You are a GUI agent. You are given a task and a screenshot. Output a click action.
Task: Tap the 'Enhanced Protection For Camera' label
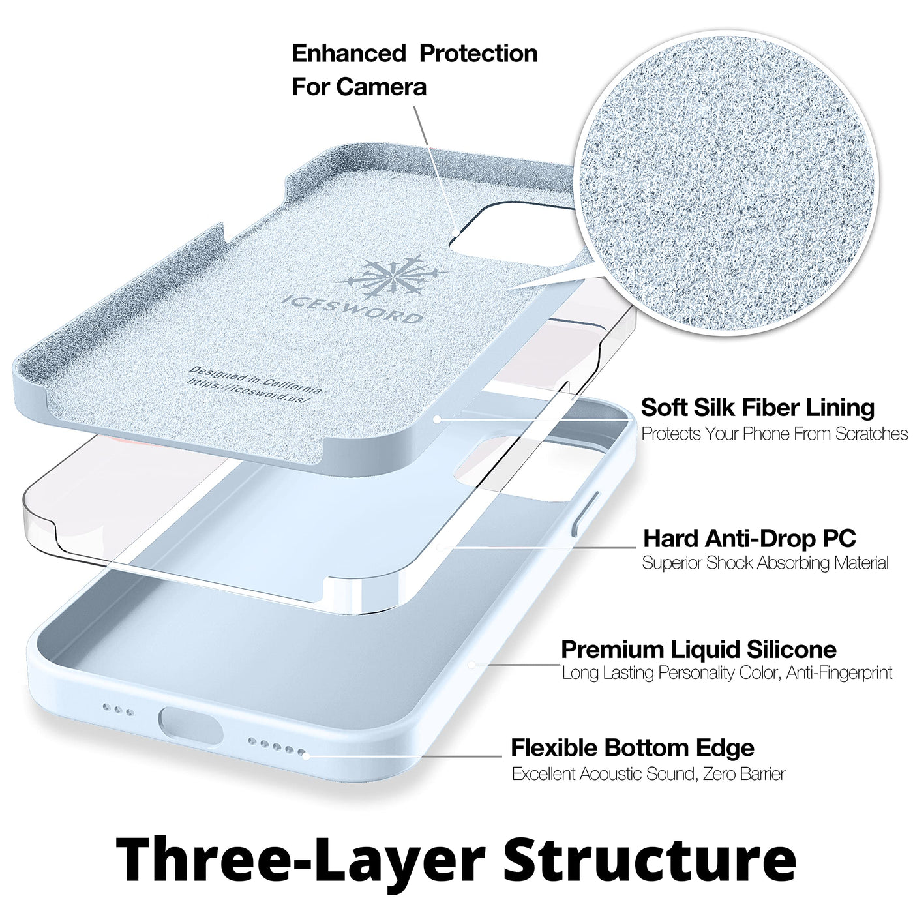click(415, 70)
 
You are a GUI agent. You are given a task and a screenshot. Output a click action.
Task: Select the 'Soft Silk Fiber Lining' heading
click(758, 408)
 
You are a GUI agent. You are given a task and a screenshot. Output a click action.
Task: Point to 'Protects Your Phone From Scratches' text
click(775, 434)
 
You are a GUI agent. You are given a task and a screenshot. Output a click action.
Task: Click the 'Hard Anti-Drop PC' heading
click(749, 538)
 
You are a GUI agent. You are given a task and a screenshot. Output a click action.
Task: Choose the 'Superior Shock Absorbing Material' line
click(765, 563)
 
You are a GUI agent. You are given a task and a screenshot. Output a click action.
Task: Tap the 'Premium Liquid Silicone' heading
click(699, 650)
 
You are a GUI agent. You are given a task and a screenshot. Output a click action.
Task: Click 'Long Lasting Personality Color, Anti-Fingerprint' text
click(727, 673)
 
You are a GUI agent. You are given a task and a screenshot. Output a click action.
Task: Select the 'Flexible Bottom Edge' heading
click(633, 748)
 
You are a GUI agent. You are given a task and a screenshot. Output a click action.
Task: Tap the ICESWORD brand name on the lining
click(351, 309)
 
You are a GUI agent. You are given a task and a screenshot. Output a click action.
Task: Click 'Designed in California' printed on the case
click(256, 378)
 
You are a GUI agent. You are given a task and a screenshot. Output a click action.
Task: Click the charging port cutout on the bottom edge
click(190, 726)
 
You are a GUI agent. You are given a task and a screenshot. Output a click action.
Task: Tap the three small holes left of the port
click(119, 710)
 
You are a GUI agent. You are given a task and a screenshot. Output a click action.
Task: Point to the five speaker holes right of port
click(277, 747)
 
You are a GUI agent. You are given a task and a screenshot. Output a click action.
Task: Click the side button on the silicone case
click(586, 515)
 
